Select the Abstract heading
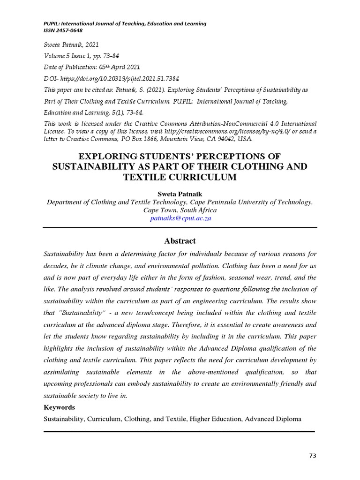pos(180,241)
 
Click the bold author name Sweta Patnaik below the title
pos(180,194)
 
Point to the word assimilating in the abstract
pos(62,372)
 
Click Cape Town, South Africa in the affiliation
pos(180,210)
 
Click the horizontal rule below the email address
pos(180,227)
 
